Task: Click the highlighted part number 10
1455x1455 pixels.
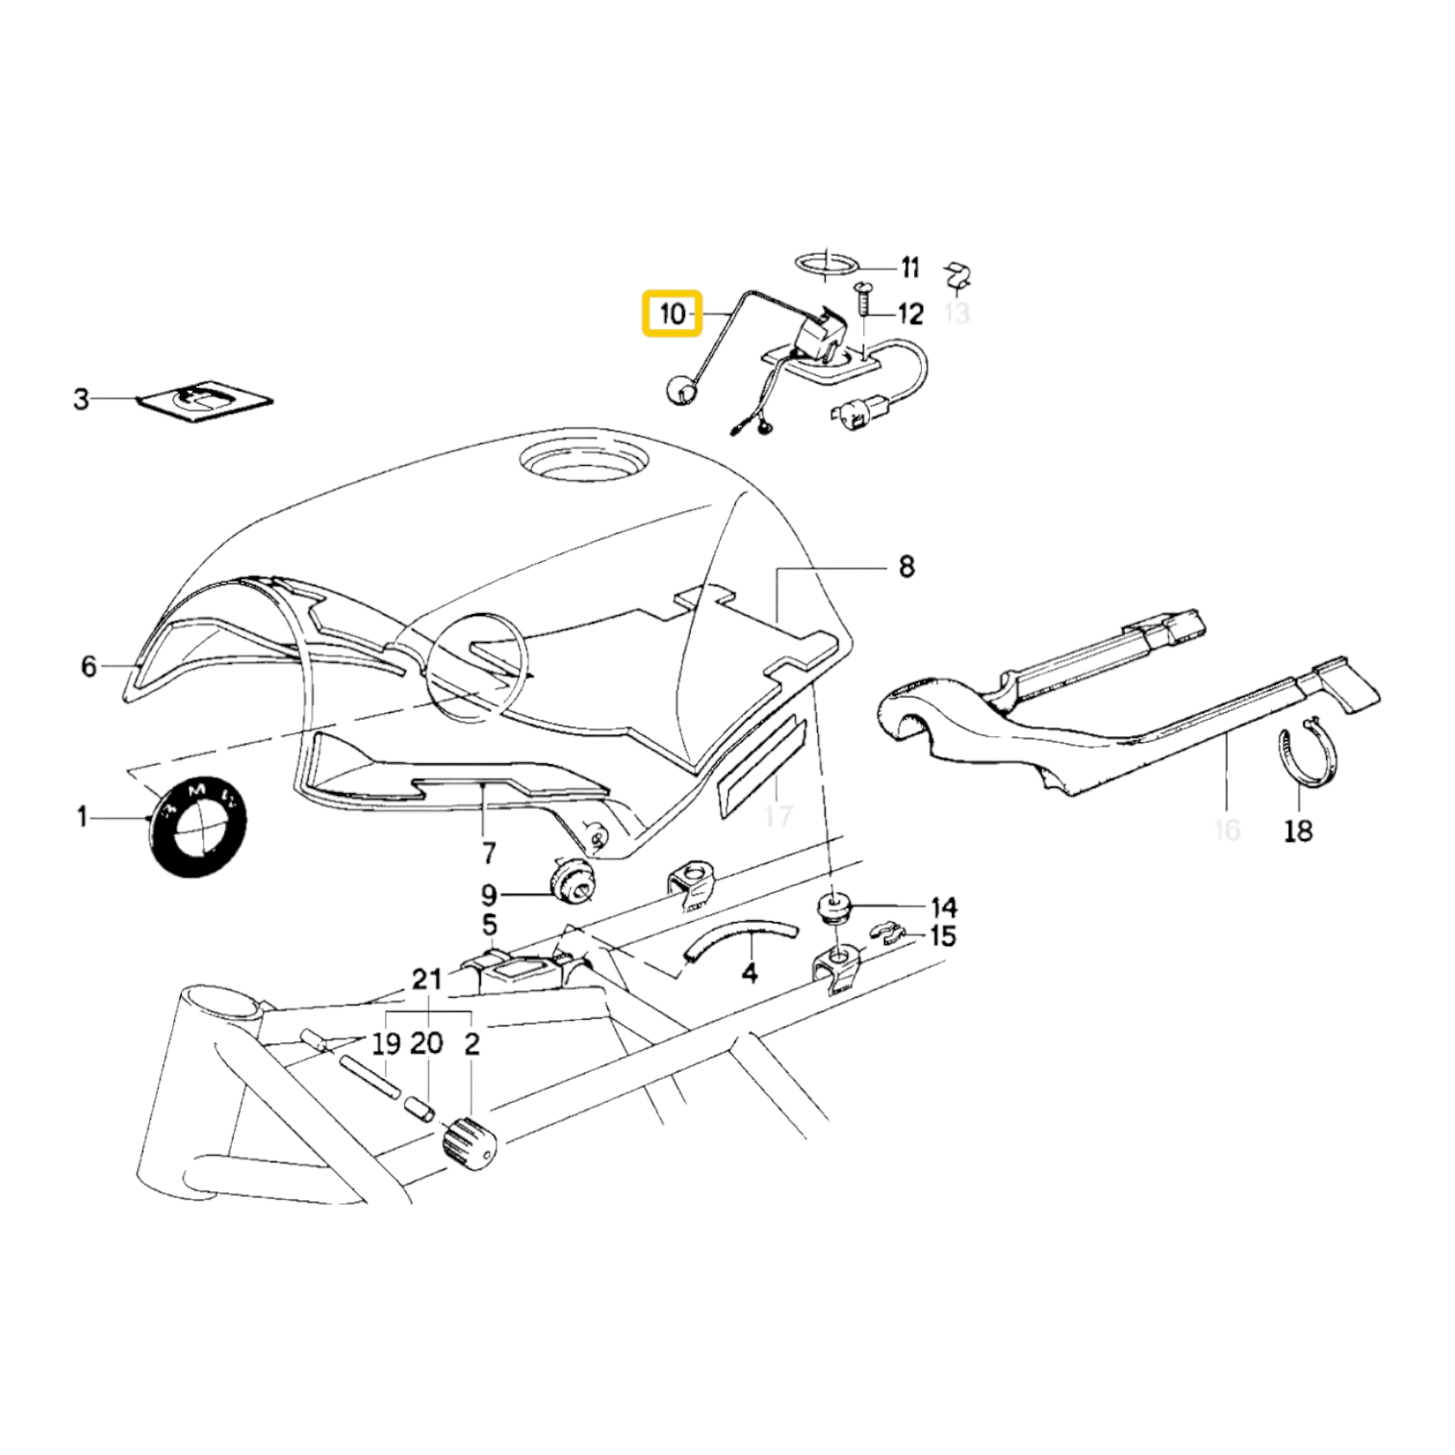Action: (x=673, y=314)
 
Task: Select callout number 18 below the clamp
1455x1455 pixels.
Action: (x=1297, y=830)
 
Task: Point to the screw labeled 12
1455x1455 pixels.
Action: (x=863, y=300)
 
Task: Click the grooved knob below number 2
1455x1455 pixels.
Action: (x=469, y=1144)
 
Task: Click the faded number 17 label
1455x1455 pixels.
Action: (x=778, y=816)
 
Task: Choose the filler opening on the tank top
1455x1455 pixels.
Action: (x=580, y=460)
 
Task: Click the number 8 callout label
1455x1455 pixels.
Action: (x=906, y=567)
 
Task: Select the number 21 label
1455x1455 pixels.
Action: (x=426, y=980)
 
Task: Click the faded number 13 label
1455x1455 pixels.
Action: (x=957, y=313)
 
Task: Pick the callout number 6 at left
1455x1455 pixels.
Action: (x=89, y=665)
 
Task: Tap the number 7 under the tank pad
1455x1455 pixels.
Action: (x=488, y=853)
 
